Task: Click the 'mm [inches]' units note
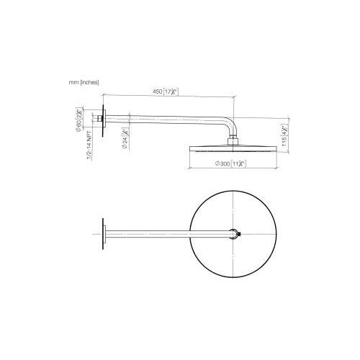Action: [84, 82]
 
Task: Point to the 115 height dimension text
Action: [286, 133]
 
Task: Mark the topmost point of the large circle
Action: [235, 192]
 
